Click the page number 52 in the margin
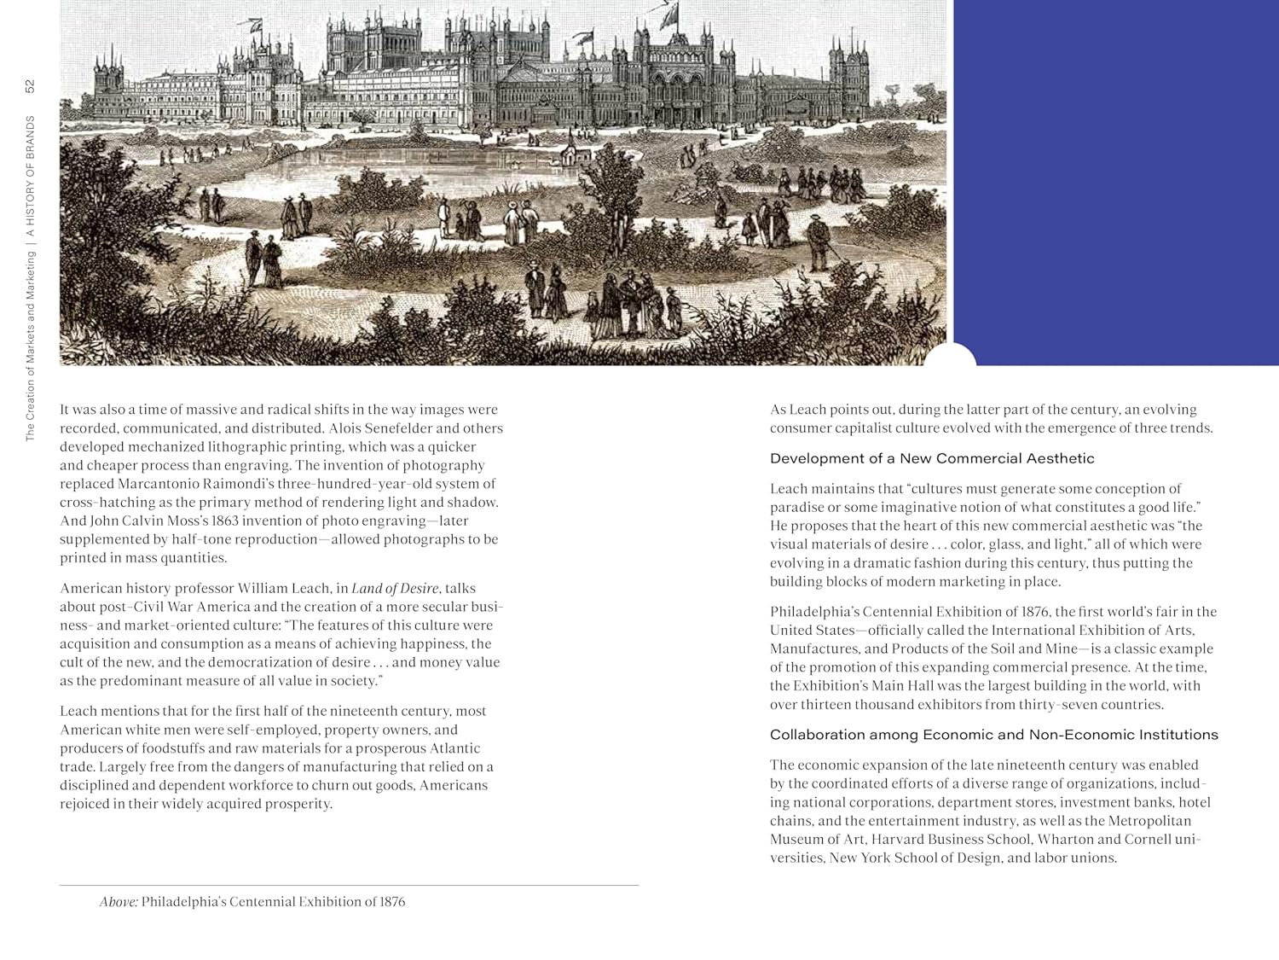click(x=30, y=86)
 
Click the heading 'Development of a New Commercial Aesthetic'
click(x=931, y=458)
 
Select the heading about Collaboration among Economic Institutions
click(x=993, y=735)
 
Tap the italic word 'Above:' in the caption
click(x=119, y=902)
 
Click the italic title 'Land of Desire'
click(x=395, y=588)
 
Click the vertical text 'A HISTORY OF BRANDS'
click(x=30, y=176)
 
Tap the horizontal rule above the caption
click(x=349, y=886)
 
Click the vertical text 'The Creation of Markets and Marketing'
click(x=30, y=346)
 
